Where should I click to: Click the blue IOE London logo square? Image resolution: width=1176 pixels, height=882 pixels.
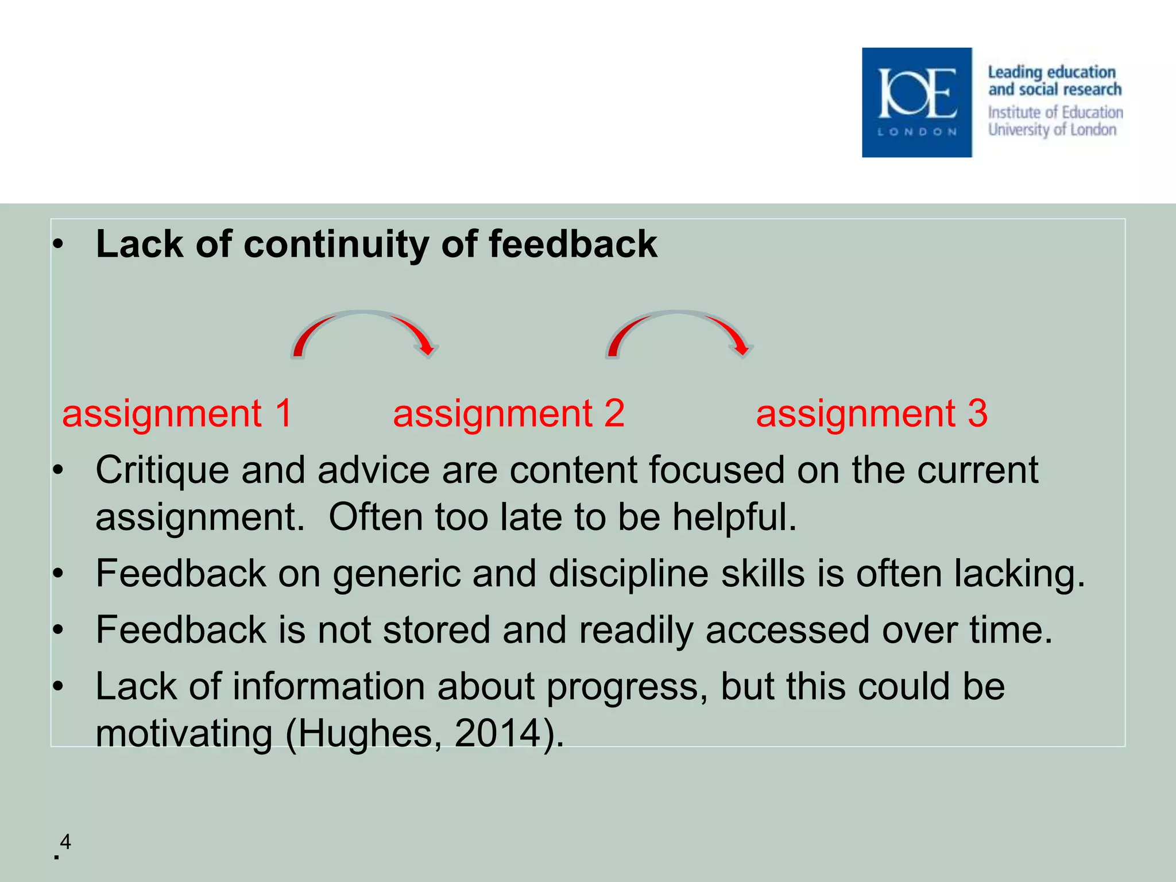[x=916, y=102]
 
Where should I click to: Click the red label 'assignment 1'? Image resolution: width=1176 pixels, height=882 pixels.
[x=177, y=413]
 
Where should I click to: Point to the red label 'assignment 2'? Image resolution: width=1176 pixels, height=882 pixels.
[x=509, y=413]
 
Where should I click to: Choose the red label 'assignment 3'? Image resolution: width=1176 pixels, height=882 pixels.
[x=872, y=413]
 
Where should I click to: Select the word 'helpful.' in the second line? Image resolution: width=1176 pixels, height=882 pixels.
[x=734, y=517]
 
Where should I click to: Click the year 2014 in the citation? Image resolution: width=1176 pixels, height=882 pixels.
[x=498, y=734]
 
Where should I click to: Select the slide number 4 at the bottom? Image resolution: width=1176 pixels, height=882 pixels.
[x=65, y=842]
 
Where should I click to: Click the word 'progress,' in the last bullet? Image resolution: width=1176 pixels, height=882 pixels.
[x=627, y=687]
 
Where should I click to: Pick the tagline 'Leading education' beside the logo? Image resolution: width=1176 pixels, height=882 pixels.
[x=1051, y=72]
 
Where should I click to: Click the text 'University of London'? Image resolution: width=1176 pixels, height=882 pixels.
[x=1052, y=130]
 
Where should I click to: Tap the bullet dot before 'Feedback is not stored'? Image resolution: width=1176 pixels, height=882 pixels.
[x=57, y=630]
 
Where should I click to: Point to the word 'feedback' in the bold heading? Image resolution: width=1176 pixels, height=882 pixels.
[x=572, y=245]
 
